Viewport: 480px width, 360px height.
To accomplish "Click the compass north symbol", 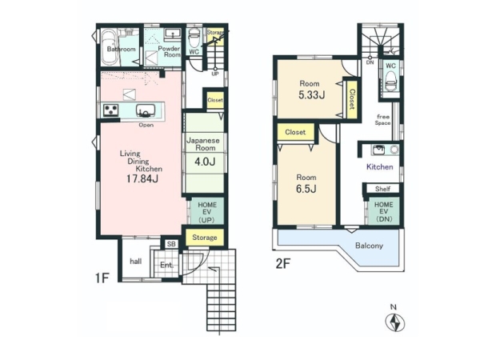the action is (x=394, y=323).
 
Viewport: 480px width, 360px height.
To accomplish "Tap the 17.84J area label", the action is (x=142, y=178).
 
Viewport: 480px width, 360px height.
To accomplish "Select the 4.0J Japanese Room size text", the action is (x=205, y=162).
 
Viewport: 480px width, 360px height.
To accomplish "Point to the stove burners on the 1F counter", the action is (x=111, y=110).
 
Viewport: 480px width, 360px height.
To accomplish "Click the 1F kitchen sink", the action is (x=146, y=110).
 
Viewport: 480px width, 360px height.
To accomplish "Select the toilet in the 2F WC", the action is (x=391, y=81).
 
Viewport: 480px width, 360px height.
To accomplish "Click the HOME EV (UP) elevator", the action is (x=207, y=212).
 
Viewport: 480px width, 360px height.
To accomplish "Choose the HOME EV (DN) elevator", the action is (x=383, y=211).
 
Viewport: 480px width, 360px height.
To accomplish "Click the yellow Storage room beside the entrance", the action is (x=205, y=238).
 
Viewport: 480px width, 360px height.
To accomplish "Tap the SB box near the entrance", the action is (x=171, y=244).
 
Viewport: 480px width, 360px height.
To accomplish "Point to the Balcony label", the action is (x=369, y=246).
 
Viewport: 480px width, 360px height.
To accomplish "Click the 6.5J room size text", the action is (x=306, y=189).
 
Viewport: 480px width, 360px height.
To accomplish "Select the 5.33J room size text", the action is (x=312, y=95).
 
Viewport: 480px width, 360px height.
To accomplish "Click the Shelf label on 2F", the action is (x=382, y=189).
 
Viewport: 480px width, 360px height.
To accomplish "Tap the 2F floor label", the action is (x=283, y=263).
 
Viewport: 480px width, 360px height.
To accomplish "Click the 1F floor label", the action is (x=102, y=278).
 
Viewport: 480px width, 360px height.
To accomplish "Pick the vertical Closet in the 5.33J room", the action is (x=352, y=99).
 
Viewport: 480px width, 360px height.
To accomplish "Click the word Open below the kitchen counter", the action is (x=146, y=125).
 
